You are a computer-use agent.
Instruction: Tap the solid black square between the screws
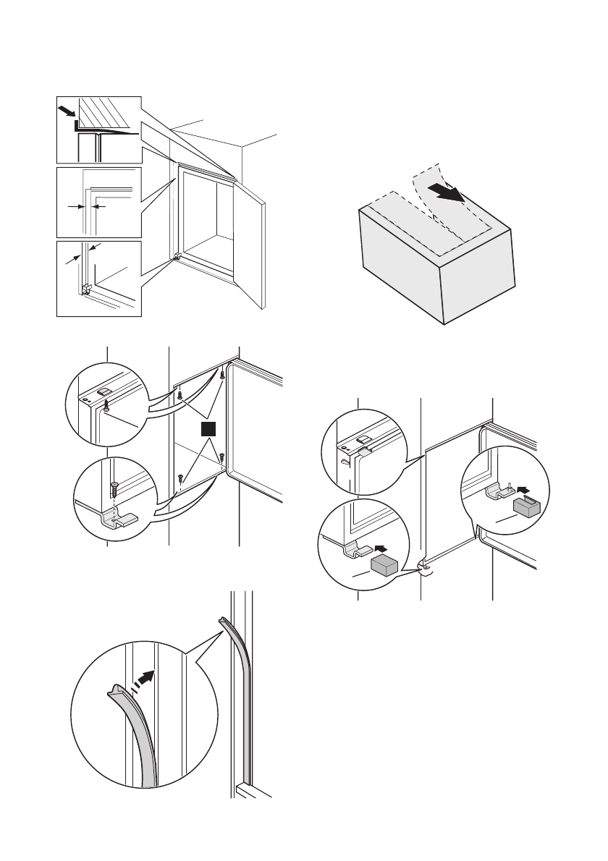click(x=209, y=430)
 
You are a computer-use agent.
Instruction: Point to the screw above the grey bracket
click(x=114, y=488)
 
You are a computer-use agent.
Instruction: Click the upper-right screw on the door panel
click(x=222, y=376)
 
